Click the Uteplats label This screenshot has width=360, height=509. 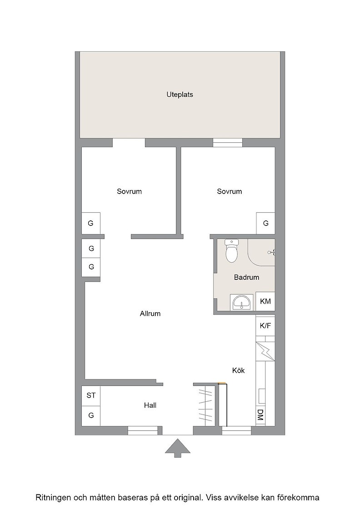point(180,95)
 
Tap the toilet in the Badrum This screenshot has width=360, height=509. point(231,250)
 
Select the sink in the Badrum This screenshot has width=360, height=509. point(241,303)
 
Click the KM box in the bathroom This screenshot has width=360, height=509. point(265,301)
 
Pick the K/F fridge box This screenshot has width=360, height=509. point(265,325)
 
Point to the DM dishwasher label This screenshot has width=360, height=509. point(260,415)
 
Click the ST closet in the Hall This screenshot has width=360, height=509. point(91,395)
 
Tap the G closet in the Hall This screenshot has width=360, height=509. point(91,415)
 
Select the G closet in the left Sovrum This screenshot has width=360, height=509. point(91,223)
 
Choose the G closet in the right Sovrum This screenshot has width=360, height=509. point(265,223)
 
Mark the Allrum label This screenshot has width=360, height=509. point(150,314)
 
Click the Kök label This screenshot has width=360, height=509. point(238,370)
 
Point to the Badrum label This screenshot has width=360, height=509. point(246,277)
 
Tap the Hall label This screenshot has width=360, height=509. point(150,405)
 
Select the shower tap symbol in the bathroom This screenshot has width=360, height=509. point(272,252)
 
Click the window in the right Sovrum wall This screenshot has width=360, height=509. point(228,143)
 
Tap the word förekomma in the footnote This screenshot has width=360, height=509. point(299,497)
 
